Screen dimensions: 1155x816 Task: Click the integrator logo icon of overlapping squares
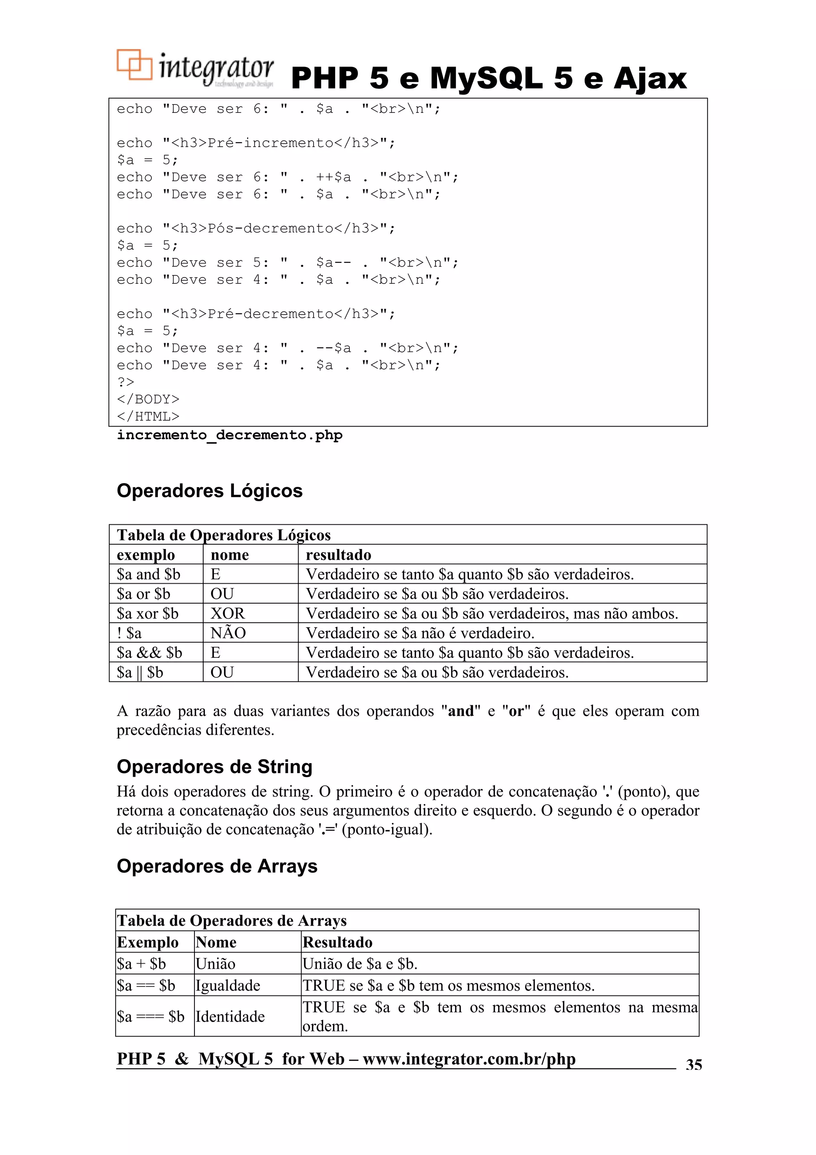pyautogui.click(x=134, y=65)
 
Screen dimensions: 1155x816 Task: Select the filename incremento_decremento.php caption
pyautogui.click(x=229, y=435)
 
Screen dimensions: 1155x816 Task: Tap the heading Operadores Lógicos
pyautogui.click(x=210, y=491)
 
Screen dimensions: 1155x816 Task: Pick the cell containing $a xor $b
pyautogui.click(x=147, y=613)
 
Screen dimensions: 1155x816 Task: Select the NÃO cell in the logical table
pyautogui.click(x=228, y=633)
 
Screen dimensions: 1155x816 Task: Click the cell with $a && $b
pyautogui.click(x=149, y=653)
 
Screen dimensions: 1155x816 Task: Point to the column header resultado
pyautogui.click(x=338, y=555)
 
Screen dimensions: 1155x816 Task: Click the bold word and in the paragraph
pyautogui.click(x=461, y=711)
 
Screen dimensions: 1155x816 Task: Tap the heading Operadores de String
pyautogui.click(x=214, y=767)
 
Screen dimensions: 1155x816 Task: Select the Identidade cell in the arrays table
pyautogui.click(x=230, y=1016)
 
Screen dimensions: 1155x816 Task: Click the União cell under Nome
pyautogui.click(x=215, y=964)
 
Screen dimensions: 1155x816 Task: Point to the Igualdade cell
pyautogui.click(x=228, y=986)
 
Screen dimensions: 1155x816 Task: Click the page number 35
pyautogui.click(x=694, y=1064)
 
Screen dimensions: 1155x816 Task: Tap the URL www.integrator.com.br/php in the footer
pyautogui.click(x=469, y=1059)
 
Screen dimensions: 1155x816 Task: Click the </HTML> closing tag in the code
pyautogui.click(x=148, y=417)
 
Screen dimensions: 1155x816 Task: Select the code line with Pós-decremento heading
pyautogui.click(x=256, y=228)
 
